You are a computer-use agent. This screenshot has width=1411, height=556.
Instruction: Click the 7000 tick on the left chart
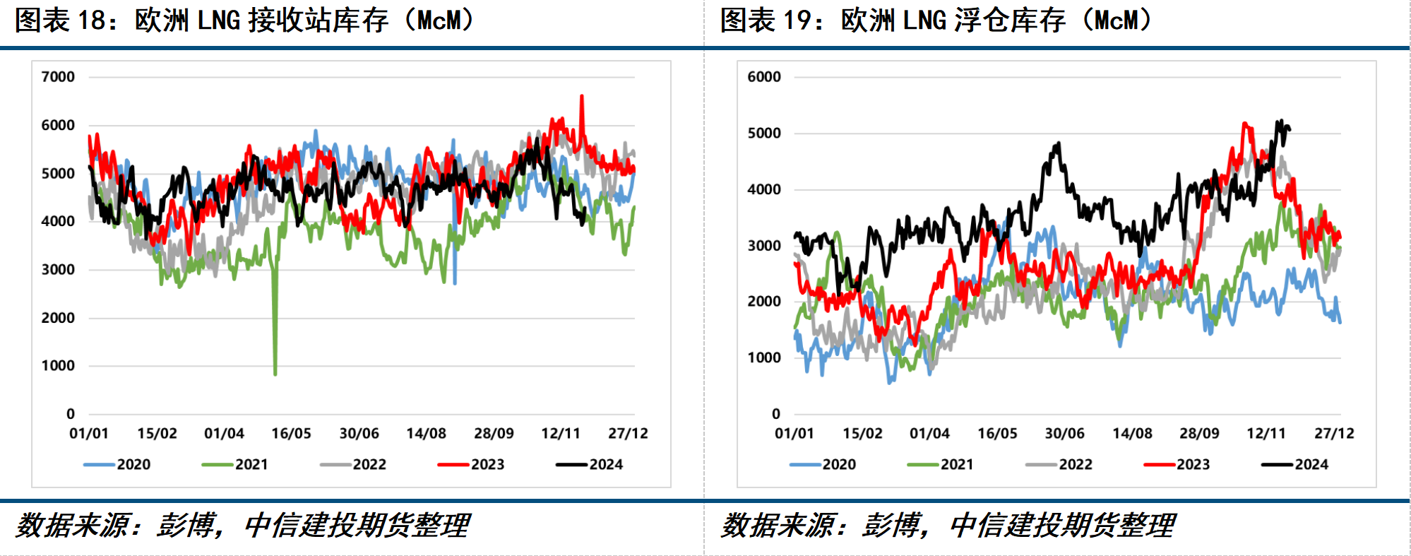click(x=58, y=77)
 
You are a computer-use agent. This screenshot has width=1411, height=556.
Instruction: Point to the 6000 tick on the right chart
click(x=764, y=77)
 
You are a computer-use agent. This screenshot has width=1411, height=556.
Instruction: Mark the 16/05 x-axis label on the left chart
click(x=291, y=433)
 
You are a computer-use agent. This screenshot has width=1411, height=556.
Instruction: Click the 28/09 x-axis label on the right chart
click(x=1199, y=433)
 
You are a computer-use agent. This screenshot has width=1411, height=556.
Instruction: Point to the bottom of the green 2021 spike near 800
click(x=275, y=374)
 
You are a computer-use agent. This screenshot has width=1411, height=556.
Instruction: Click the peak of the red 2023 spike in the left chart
click(x=582, y=96)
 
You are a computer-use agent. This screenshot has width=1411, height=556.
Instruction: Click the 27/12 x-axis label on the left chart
click(x=628, y=433)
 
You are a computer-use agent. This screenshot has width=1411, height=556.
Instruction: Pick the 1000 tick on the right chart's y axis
click(x=764, y=357)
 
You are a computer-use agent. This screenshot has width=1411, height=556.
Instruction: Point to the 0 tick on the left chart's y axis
click(x=70, y=414)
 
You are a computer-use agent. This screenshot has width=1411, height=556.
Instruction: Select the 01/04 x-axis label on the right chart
click(x=929, y=433)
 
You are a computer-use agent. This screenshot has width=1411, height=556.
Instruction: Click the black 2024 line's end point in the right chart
click(x=1290, y=129)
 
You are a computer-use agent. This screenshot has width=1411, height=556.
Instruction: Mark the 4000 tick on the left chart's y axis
click(x=58, y=221)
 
